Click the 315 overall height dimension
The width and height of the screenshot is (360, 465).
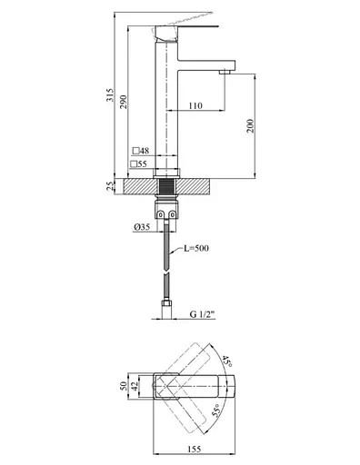pos(111,95)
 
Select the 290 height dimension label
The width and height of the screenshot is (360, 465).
pos(124,102)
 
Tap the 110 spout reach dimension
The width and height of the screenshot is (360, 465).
pos(195,105)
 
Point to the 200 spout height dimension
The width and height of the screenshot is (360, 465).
pos(250,126)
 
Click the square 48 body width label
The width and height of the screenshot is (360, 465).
pos(141,151)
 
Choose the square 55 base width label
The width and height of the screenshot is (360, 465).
pos(139,164)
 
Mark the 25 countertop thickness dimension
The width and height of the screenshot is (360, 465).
pos(110,186)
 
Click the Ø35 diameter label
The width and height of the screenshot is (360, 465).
pos(142,227)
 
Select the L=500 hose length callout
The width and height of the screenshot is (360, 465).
pos(196,248)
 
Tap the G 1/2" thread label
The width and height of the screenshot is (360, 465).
pos(202,314)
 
